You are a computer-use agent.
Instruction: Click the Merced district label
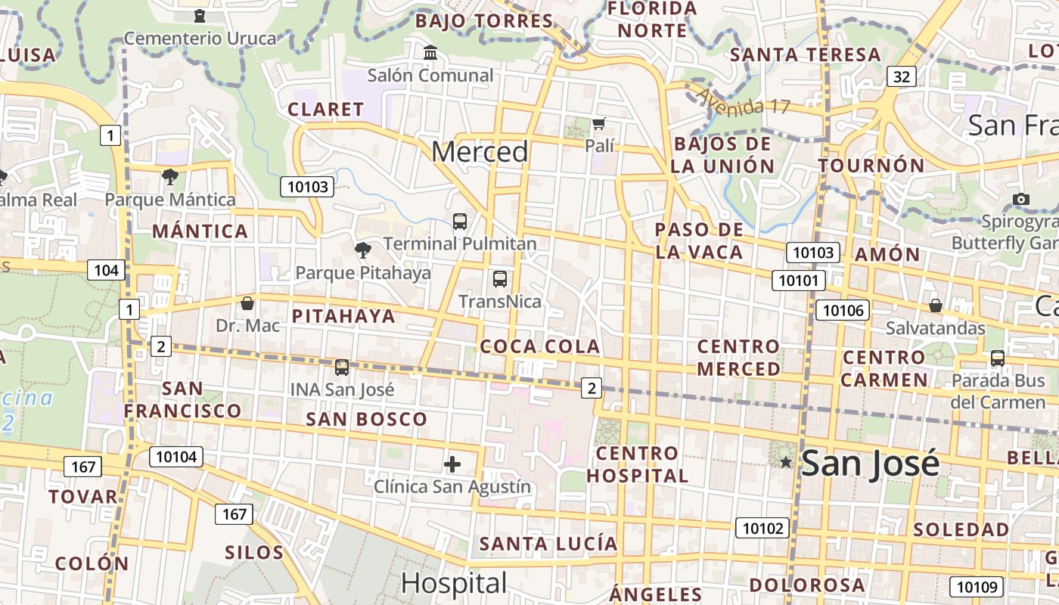tap(480, 152)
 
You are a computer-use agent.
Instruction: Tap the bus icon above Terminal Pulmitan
tap(460, 222)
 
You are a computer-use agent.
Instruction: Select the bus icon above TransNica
tap(500, 279)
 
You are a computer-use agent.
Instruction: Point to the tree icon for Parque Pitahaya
tap(363, 250)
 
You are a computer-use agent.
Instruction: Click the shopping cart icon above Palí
tap(599, 123)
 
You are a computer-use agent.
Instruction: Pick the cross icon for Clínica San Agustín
tap(452, 464)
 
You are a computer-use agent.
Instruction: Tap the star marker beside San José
tap(786, 462)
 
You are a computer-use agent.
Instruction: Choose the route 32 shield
tap(902, 76)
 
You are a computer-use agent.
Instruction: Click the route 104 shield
tap(105, 270)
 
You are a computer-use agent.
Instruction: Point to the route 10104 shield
tap(176, 456)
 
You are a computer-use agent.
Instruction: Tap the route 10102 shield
tap(762, 528)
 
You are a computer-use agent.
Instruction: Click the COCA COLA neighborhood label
tap(540, 347)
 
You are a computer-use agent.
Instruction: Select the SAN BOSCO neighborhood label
tap(366, 419)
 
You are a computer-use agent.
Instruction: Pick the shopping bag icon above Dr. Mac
tap(247, 304)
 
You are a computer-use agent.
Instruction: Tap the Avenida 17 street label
tap(744, 102)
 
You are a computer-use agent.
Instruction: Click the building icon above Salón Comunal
tap(430, 53)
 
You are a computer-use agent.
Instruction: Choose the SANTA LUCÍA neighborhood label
tap(548, 544)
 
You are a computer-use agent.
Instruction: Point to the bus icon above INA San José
tap(342, 368)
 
